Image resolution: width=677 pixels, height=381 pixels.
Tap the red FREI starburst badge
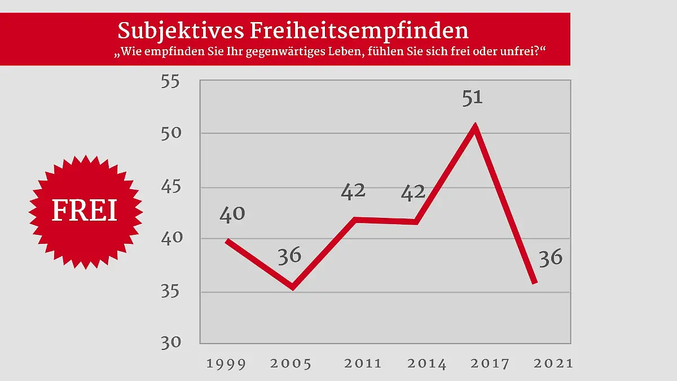pyautogui.click(x=85, y=211)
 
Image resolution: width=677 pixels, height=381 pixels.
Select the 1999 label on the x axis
pyautogui.click(x=226, y=364)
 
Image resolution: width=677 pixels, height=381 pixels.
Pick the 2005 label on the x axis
pyautogui.click(x=291, y=364)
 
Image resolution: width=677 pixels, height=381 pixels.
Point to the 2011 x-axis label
pyautogui.click(x=363, y=364)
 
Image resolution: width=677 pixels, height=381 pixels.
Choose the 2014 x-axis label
pyautogui.click(x=427, y=364)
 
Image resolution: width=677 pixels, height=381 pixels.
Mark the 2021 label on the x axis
pyautogui.click(x=553, y=364)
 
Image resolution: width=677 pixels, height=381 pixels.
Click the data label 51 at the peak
pyautogui.click(x=473, y=98)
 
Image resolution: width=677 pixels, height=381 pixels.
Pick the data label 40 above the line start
pyautogui.click(x=232, y=214)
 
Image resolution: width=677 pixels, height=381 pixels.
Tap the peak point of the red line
pyautogui.click(x=475, y=125)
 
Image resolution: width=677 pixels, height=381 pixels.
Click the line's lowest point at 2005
pyautogui.click(x=293, y=287)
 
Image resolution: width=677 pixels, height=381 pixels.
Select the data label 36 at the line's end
pyautogui.click(x=551, y=258)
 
